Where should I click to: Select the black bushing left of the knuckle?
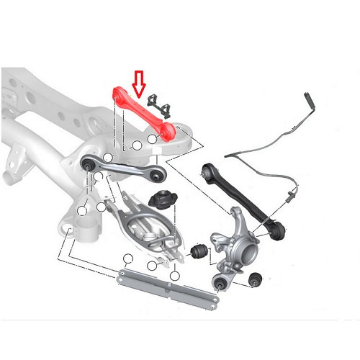(199, 251)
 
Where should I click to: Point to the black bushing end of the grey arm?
(88, 165)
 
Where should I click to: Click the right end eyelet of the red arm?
(171, 130)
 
